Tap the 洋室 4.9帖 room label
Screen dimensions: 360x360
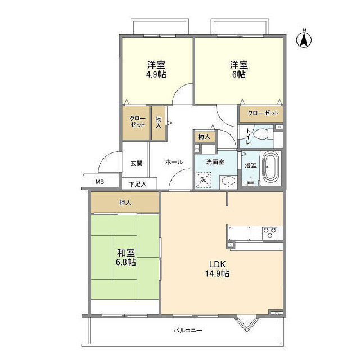pos(157,69)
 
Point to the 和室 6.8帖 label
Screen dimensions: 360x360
pos(125,257)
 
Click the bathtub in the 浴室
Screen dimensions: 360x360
pos(271,167)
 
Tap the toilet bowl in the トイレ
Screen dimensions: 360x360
pos(260,136)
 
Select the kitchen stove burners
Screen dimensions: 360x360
pos(270,231)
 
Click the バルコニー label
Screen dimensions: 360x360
pos(187,330)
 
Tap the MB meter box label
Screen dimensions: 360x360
pos(100,182)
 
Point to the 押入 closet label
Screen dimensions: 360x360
pos(125,202)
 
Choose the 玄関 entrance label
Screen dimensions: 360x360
pos(136,163)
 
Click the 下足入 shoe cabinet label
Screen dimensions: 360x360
pos(137,183)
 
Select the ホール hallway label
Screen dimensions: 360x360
pos(174,162)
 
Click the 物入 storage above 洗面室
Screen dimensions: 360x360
pos(204,137)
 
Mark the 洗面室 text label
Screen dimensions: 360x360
pos(215,161)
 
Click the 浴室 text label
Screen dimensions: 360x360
pos(251,165)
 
